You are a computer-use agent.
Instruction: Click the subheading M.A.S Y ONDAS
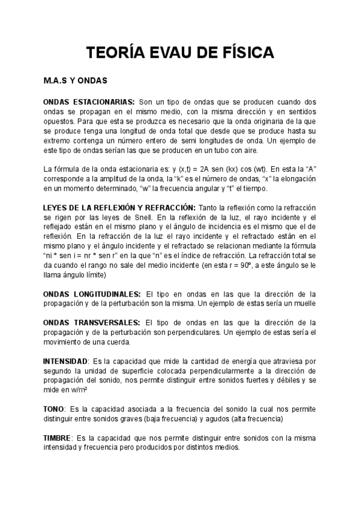(x=75, y=80)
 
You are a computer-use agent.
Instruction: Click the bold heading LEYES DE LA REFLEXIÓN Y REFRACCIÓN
(x=119, y=207)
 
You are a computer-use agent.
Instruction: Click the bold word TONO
(x=53, y=409)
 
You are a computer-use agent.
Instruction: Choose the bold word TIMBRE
(x=57, y=438)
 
